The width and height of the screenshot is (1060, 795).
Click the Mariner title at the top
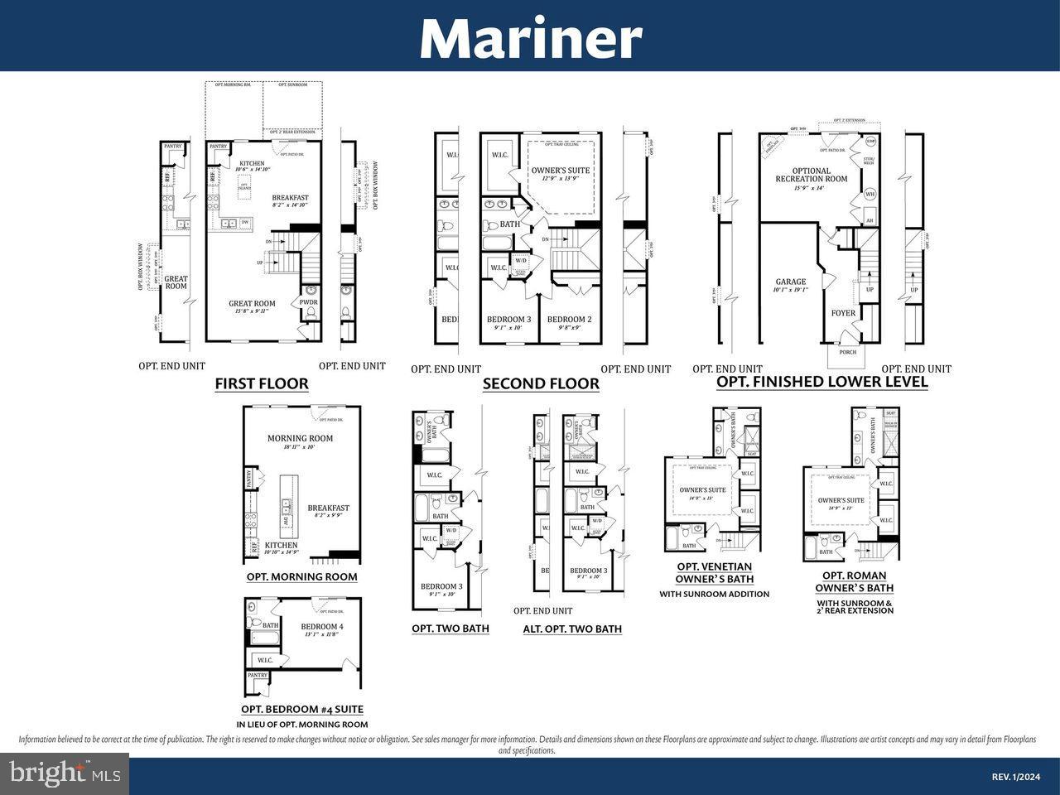[530, 37]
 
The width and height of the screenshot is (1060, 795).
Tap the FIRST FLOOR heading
[262, 384]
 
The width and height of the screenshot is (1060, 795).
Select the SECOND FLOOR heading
[541, 384]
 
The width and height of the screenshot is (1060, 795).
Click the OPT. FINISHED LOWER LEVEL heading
[821, 382]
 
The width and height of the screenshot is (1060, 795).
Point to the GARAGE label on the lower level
[791, 282]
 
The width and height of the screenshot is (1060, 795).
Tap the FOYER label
[843, 313]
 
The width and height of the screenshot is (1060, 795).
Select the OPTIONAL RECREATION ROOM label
[811, 175]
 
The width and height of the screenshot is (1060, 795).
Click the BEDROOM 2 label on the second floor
[570, 320]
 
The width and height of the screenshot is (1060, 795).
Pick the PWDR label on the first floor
[309, 302]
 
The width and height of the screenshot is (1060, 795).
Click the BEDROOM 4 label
[321, 627]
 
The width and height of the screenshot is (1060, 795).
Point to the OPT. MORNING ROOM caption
[301, 577]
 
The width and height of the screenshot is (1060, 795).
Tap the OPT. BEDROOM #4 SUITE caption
[302, 710]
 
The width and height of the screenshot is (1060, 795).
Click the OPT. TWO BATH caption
[450, 629]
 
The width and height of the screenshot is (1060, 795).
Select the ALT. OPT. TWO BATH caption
[572, 629]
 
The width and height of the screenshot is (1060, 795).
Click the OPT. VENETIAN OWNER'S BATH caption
[714, 573]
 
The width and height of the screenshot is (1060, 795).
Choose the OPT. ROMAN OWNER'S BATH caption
[854, 581]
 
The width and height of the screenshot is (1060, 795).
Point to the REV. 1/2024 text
[1014, 777]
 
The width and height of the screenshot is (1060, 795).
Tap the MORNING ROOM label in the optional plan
[300, 438]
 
